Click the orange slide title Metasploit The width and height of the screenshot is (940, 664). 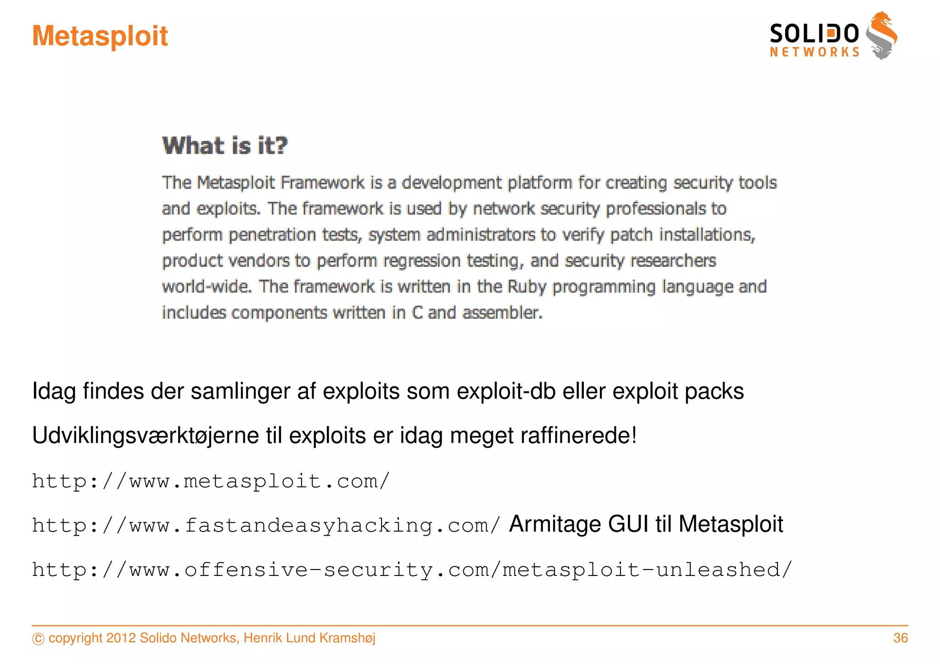pyautogui.click(x=100, y=36)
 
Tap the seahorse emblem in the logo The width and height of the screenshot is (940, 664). pyautogui.click(x=881, y=36)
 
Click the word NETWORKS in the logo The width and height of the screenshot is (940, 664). pyautogui.click(x=815, y=52)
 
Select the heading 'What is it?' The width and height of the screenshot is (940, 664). pyautogui.click(x=225, y=146)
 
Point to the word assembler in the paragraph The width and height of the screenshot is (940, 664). pyautogui.click(x=502, y=313)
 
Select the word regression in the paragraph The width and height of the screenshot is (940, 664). pyautogui.click(x=422, y=261)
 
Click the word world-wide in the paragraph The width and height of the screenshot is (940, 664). pyautogui.click(x=207, y=287)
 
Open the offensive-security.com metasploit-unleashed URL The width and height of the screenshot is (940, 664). pyautogui.click(x=412, y=570)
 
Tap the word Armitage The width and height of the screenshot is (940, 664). pyautogui.click(x=555, y=524)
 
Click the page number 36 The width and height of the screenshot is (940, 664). pyautogui.click(x=901, y=638)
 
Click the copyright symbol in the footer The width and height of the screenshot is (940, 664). pyautogui.click(x=39, y=639)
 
